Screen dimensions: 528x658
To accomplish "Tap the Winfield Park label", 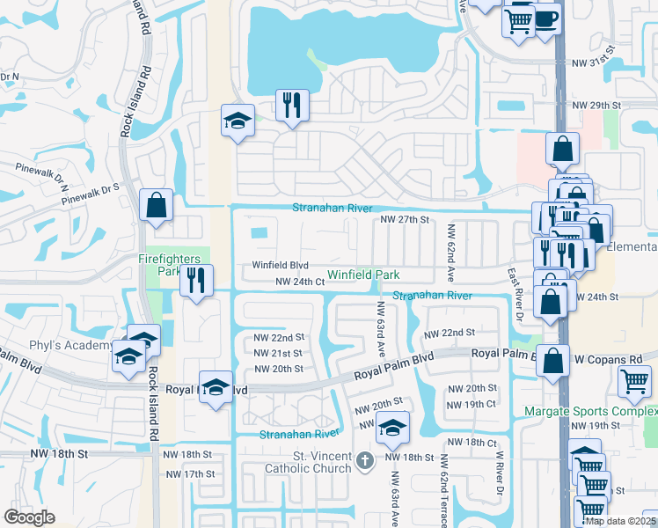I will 363,275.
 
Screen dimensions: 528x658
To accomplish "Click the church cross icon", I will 366,458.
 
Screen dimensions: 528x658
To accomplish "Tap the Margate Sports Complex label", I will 590,411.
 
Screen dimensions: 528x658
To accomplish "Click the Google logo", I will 28,517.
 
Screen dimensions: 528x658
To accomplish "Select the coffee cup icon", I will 546,18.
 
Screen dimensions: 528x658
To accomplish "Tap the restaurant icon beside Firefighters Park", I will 196,281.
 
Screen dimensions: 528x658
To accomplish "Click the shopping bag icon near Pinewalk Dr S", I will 156,206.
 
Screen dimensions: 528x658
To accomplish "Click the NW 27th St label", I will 404,220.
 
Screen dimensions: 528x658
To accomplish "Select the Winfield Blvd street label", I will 280,265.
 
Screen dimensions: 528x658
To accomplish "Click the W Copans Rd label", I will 609,360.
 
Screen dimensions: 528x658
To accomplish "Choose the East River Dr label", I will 516,295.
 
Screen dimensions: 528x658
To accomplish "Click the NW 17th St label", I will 191,474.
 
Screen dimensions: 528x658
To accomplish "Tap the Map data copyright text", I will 619,521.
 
